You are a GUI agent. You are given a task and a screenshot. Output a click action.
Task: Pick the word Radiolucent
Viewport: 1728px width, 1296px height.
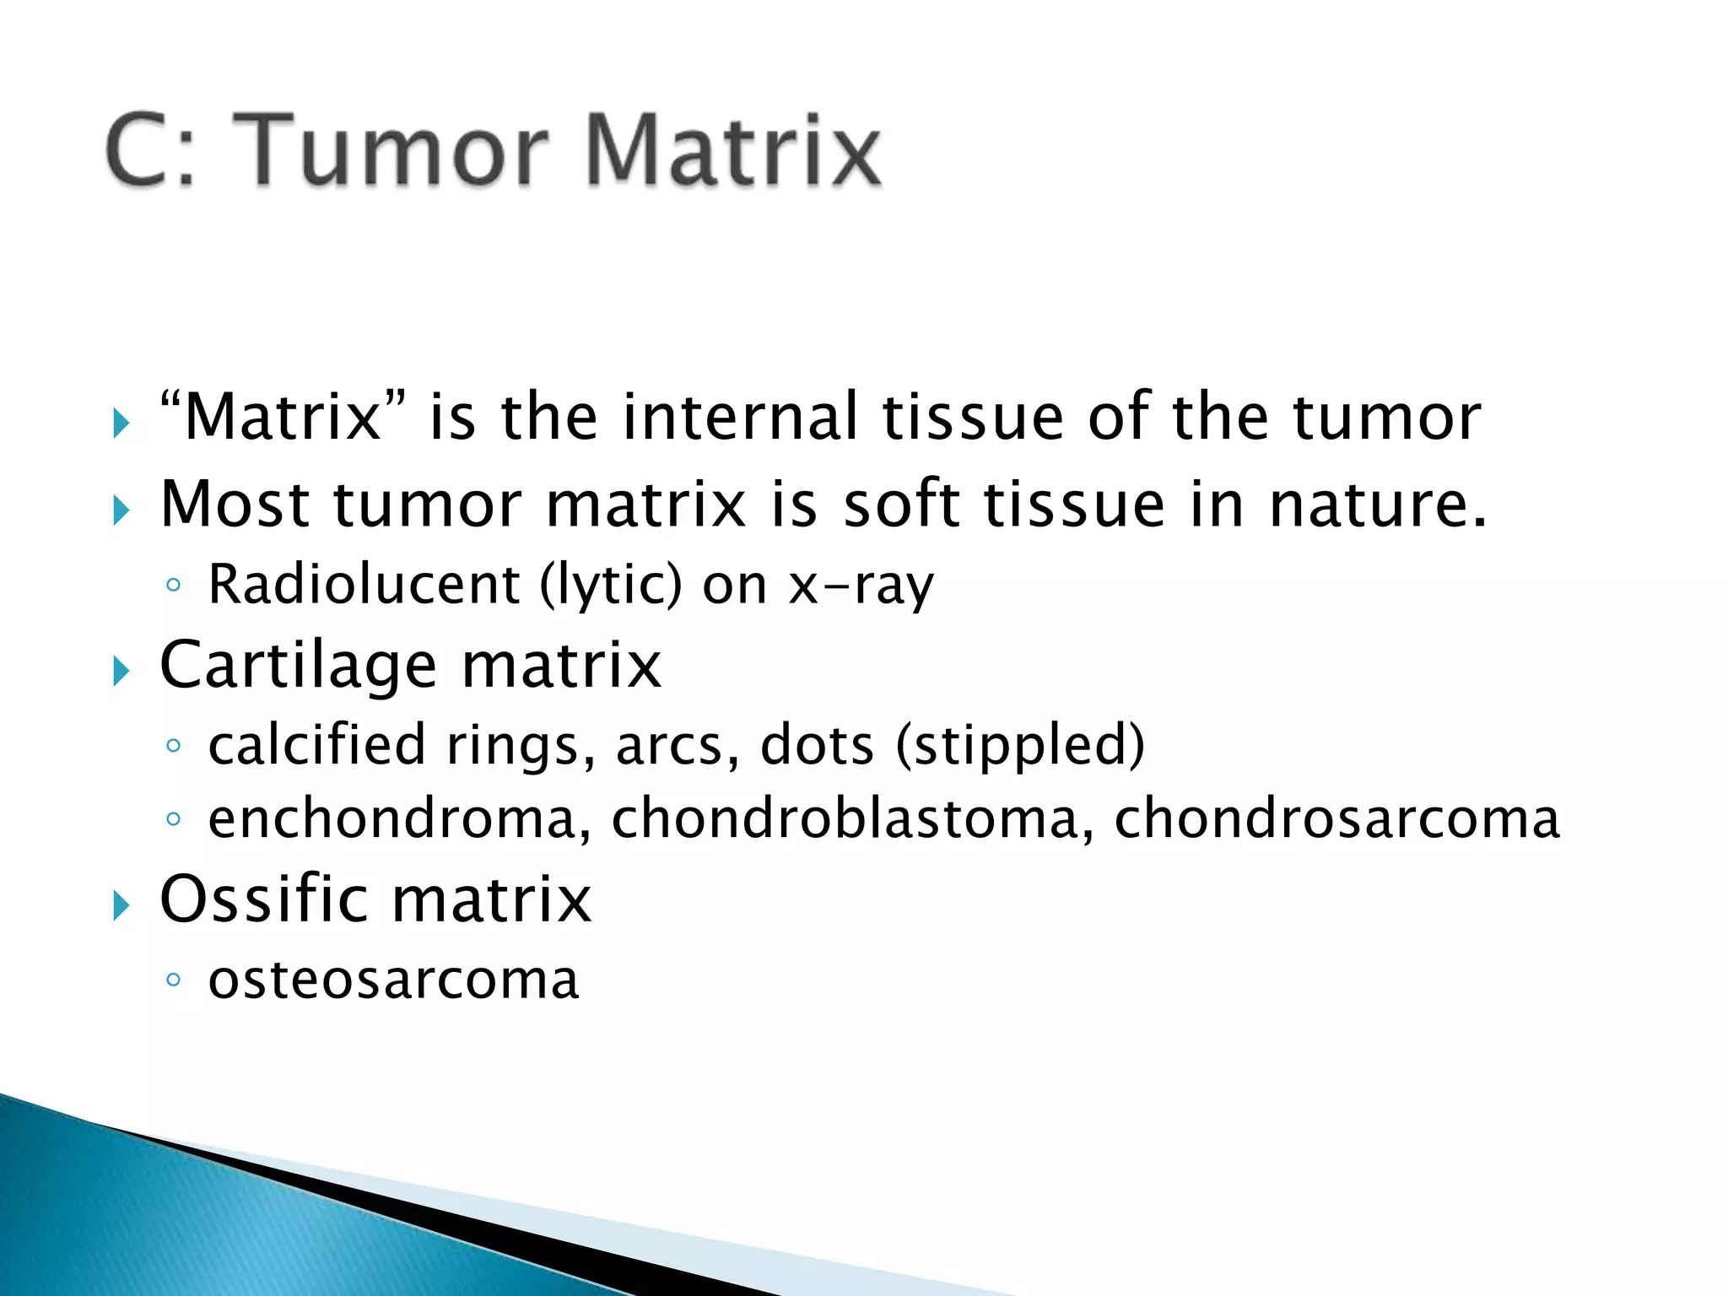click(x=364, y=584)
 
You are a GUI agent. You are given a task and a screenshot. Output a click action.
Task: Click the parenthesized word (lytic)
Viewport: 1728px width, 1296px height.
click(x=610, y=584)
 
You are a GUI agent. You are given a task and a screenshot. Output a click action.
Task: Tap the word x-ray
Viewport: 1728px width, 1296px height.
click(x=861, y=584)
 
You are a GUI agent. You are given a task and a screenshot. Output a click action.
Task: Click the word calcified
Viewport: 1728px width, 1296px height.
click(x=316, y=744)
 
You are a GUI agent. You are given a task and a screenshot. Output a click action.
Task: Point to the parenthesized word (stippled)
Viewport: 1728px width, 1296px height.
click(x=1020, y=744)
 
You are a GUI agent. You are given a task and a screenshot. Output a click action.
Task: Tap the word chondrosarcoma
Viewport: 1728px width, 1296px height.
click(x=1336, y=818)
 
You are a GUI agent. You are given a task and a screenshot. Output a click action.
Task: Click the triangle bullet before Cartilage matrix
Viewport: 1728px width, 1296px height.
click(x=121, y=672)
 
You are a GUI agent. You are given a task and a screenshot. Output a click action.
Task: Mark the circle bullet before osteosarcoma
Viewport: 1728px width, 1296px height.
click(x=173, y=980)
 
